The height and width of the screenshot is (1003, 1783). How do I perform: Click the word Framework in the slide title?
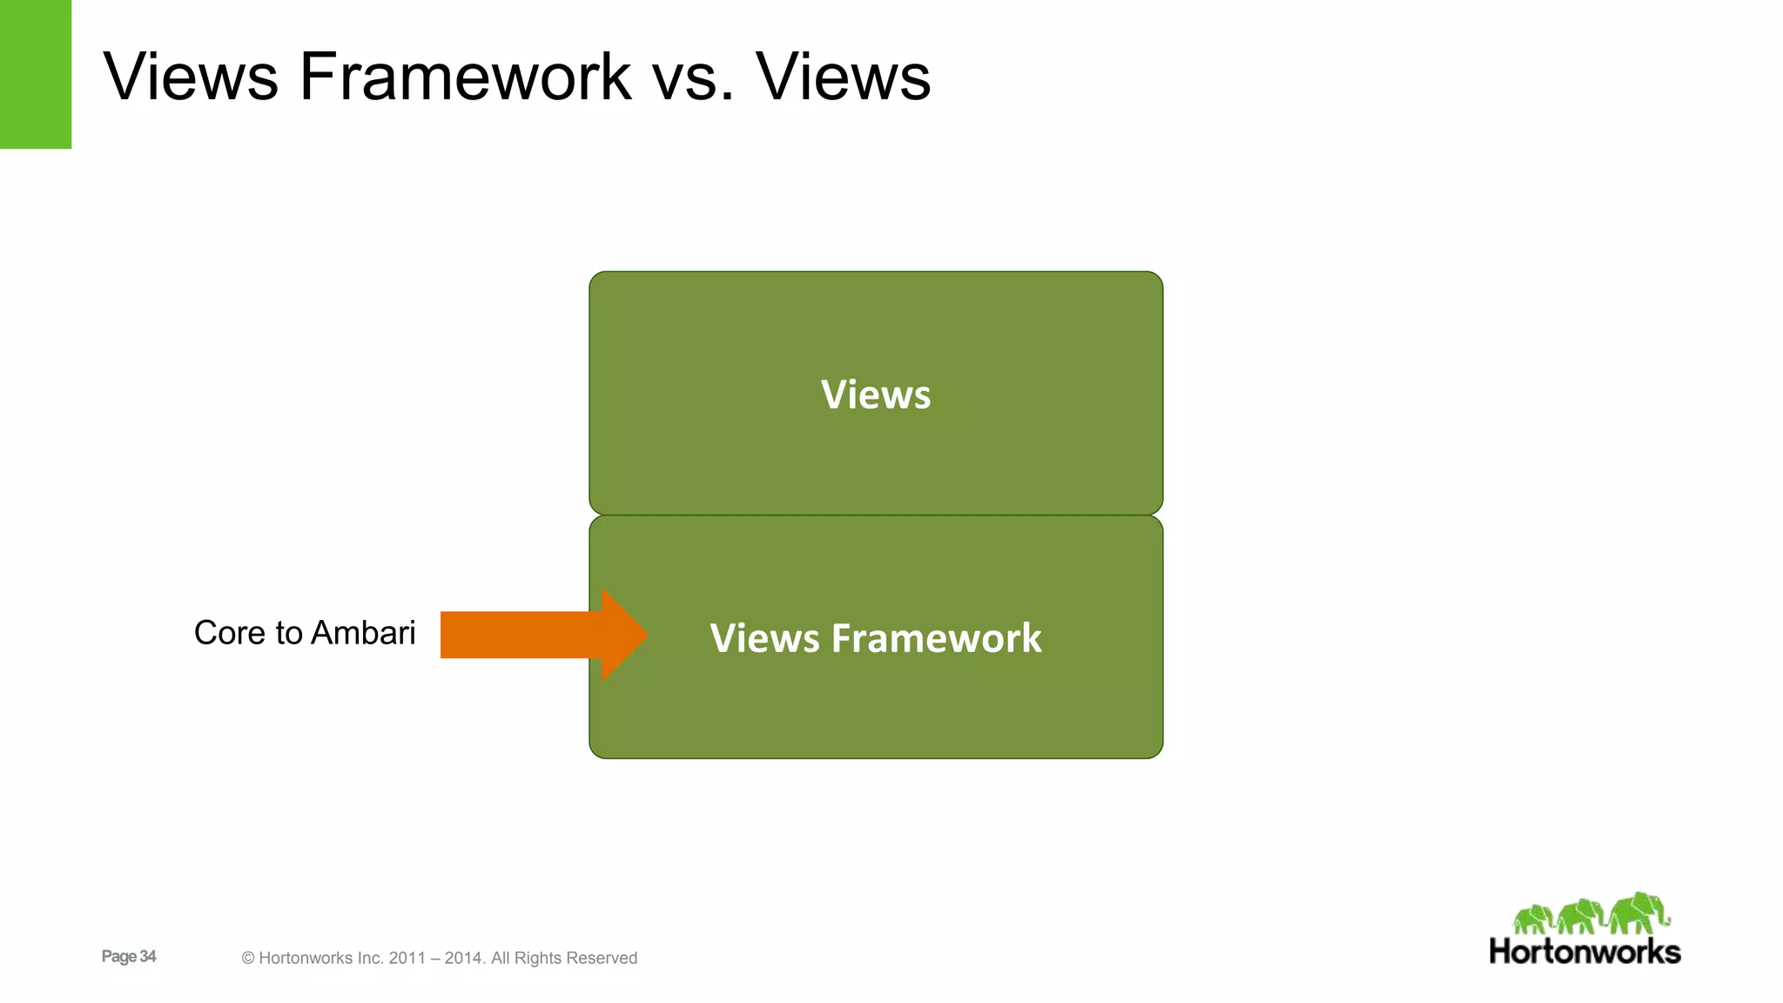point(465,77)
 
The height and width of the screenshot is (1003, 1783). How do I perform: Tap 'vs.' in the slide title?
point(693,77)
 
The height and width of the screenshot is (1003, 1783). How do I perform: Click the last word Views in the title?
point(843,77)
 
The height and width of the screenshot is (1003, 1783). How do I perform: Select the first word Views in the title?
point(191,77)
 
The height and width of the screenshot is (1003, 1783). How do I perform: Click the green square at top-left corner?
point(35,74)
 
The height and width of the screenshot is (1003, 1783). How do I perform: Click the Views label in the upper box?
point(876,394)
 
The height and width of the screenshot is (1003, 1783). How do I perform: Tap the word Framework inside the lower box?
point(937,638)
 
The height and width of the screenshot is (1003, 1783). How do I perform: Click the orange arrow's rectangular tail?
point(518,635)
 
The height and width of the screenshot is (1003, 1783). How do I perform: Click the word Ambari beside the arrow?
point(363,633)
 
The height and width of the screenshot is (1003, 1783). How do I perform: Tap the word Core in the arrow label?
point(229,633)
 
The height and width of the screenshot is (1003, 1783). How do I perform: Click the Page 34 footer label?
point(129,956)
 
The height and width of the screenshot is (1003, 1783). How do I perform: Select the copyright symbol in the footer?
point(247,959)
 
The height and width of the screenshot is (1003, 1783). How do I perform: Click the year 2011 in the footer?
point(407,959)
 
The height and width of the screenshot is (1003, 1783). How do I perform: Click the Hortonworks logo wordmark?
point(1585,952)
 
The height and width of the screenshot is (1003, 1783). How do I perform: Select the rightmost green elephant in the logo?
point(1638,912)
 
